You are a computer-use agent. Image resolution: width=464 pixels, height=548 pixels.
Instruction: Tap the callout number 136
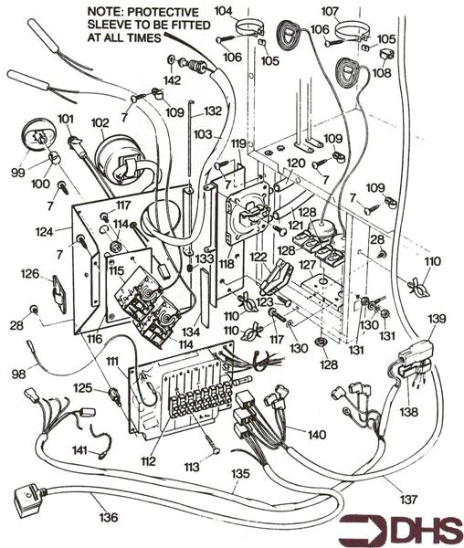click(108, 518)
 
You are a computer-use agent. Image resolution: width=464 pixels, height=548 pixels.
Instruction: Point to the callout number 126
click(30, 273)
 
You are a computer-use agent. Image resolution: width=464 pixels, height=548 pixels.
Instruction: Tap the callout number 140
click(316, 435)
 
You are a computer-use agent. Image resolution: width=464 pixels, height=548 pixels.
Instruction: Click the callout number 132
click(213, 111)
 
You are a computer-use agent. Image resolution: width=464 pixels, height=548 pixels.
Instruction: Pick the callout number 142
click(172, 80)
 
